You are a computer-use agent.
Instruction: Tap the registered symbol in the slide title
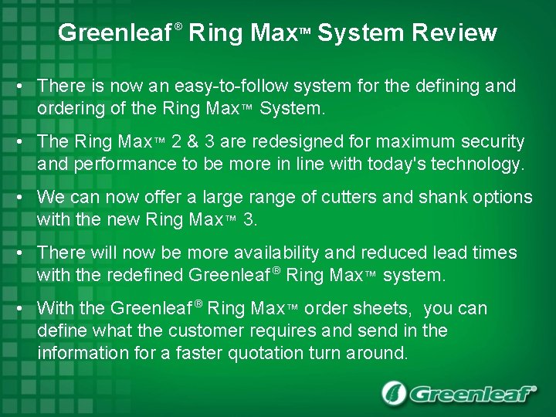click(178, 27)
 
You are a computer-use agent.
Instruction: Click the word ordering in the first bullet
click(72, 108)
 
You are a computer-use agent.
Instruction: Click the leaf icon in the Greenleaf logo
click(394, 393)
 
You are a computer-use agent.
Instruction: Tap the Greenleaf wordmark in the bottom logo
click(472, 394)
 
